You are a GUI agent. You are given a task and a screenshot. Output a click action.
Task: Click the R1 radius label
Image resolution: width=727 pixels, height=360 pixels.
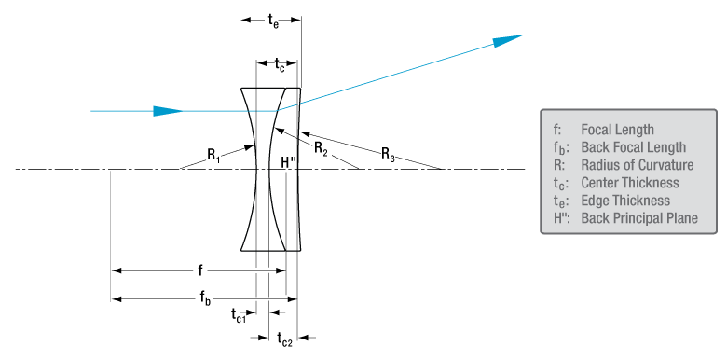point(214,154)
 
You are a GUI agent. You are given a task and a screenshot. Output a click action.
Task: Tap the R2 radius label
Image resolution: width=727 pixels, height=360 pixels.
point(320,147)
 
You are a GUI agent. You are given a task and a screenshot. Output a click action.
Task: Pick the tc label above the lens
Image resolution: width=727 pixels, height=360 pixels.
point(280,62)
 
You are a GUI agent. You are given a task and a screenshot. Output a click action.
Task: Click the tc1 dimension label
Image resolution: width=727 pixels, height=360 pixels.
point(239,315)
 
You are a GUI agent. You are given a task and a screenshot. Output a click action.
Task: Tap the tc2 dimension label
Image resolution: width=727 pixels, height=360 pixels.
point(285,341)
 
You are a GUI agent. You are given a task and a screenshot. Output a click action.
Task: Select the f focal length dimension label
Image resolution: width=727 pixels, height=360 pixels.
point(199,270)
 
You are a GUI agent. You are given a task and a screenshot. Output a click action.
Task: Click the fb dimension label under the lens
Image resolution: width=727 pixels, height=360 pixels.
point(203,298)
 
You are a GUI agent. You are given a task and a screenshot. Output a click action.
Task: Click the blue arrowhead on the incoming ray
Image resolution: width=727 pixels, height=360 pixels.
point(167,111)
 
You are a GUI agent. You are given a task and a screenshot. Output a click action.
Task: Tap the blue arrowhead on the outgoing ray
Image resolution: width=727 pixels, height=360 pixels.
point(506,40)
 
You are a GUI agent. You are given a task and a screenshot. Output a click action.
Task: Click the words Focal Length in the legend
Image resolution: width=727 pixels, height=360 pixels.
point(617,130)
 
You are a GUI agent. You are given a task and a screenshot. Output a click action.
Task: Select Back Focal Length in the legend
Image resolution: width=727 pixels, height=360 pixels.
point(633,147)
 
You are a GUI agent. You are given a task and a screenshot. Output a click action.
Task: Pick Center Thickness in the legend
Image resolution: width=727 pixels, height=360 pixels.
point(630,183)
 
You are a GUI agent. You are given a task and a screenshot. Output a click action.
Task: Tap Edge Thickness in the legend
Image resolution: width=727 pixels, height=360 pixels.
point(624,201)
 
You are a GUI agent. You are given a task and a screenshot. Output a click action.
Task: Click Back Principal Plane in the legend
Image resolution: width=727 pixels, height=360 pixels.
point(638,218)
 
